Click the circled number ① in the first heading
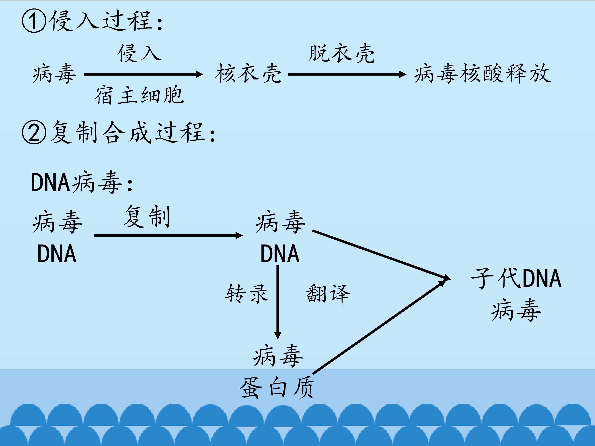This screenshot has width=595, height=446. pos(34,21)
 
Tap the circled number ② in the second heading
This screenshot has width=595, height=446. pos(34,132)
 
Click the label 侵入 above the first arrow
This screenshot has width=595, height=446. pos(139,53)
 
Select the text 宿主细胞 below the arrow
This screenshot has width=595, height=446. pos(139,95)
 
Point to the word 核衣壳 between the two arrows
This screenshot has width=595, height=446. pos(248,73)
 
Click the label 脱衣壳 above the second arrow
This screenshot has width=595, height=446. pos(341,53)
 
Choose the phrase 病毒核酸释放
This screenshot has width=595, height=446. pos(482,73)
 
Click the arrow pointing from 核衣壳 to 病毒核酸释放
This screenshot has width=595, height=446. pos(347,74)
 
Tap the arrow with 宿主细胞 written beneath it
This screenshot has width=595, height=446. pos(144,74)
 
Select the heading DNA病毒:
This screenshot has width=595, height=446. pos(82,183)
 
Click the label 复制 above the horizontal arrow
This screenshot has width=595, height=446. pos(147,217)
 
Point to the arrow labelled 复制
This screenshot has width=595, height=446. pos(168,236)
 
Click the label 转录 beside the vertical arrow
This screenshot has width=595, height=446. pos(247,294)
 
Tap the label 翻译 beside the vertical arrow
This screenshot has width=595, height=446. pos(328,294)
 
